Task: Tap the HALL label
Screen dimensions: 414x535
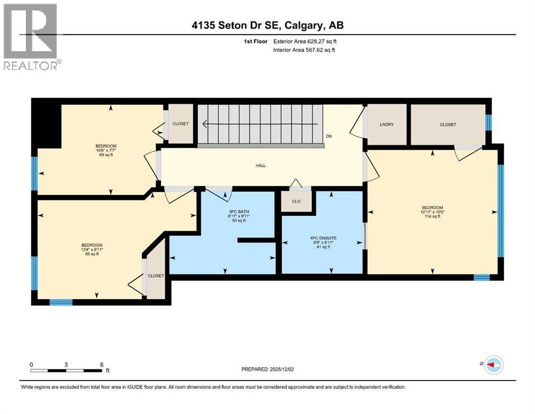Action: tap(261, 165)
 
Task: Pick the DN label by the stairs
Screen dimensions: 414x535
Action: tap(329, 136)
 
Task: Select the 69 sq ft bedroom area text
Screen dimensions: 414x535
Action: tap(106, 155)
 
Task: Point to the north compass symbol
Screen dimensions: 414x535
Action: tap(494, 365)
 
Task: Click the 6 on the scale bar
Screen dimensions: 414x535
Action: tap(101, 364)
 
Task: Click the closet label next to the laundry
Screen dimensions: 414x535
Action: tap(448, 125)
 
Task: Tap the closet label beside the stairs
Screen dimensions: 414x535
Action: tap(180, 124)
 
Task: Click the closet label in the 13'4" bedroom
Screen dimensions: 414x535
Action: tap(156, 275)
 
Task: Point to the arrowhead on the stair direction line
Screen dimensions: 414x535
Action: tap(205, 124)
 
